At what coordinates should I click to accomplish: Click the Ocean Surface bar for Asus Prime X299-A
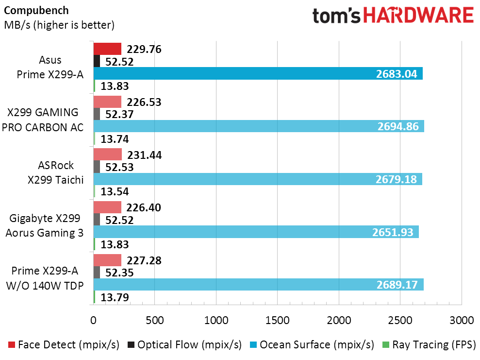[x=258, y=73]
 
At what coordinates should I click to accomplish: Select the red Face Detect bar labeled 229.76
[x=107, y=49]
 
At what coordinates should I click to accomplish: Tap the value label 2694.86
[x=398, y=126]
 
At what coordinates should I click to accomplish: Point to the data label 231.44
[x=145, y=155]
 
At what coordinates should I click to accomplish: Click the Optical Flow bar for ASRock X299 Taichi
[x=97, y=167]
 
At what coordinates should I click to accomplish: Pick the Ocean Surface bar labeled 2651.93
[x=256, y=232]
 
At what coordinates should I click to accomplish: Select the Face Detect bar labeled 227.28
[x=107, y=260]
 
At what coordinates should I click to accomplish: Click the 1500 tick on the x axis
[x=277, y=321]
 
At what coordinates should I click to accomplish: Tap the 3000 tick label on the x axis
[x=462, y=321]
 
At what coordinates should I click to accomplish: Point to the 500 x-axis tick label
[x=155, y=321]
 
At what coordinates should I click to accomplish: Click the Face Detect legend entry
[x=64, y=344]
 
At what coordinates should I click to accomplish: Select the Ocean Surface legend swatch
[x=253, y=344]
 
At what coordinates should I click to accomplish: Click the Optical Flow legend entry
[x=184, y=344]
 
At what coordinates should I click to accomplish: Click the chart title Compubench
[x=36, y=10]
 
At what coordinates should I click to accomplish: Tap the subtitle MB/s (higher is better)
[x=59, y=25]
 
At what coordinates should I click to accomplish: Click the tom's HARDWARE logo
[x=393, y=16]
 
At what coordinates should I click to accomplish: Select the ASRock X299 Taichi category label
[x=56, y=172]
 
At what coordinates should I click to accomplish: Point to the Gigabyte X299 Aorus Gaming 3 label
[x=45, y=225]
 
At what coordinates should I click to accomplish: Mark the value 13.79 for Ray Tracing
[x=115, y=297]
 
